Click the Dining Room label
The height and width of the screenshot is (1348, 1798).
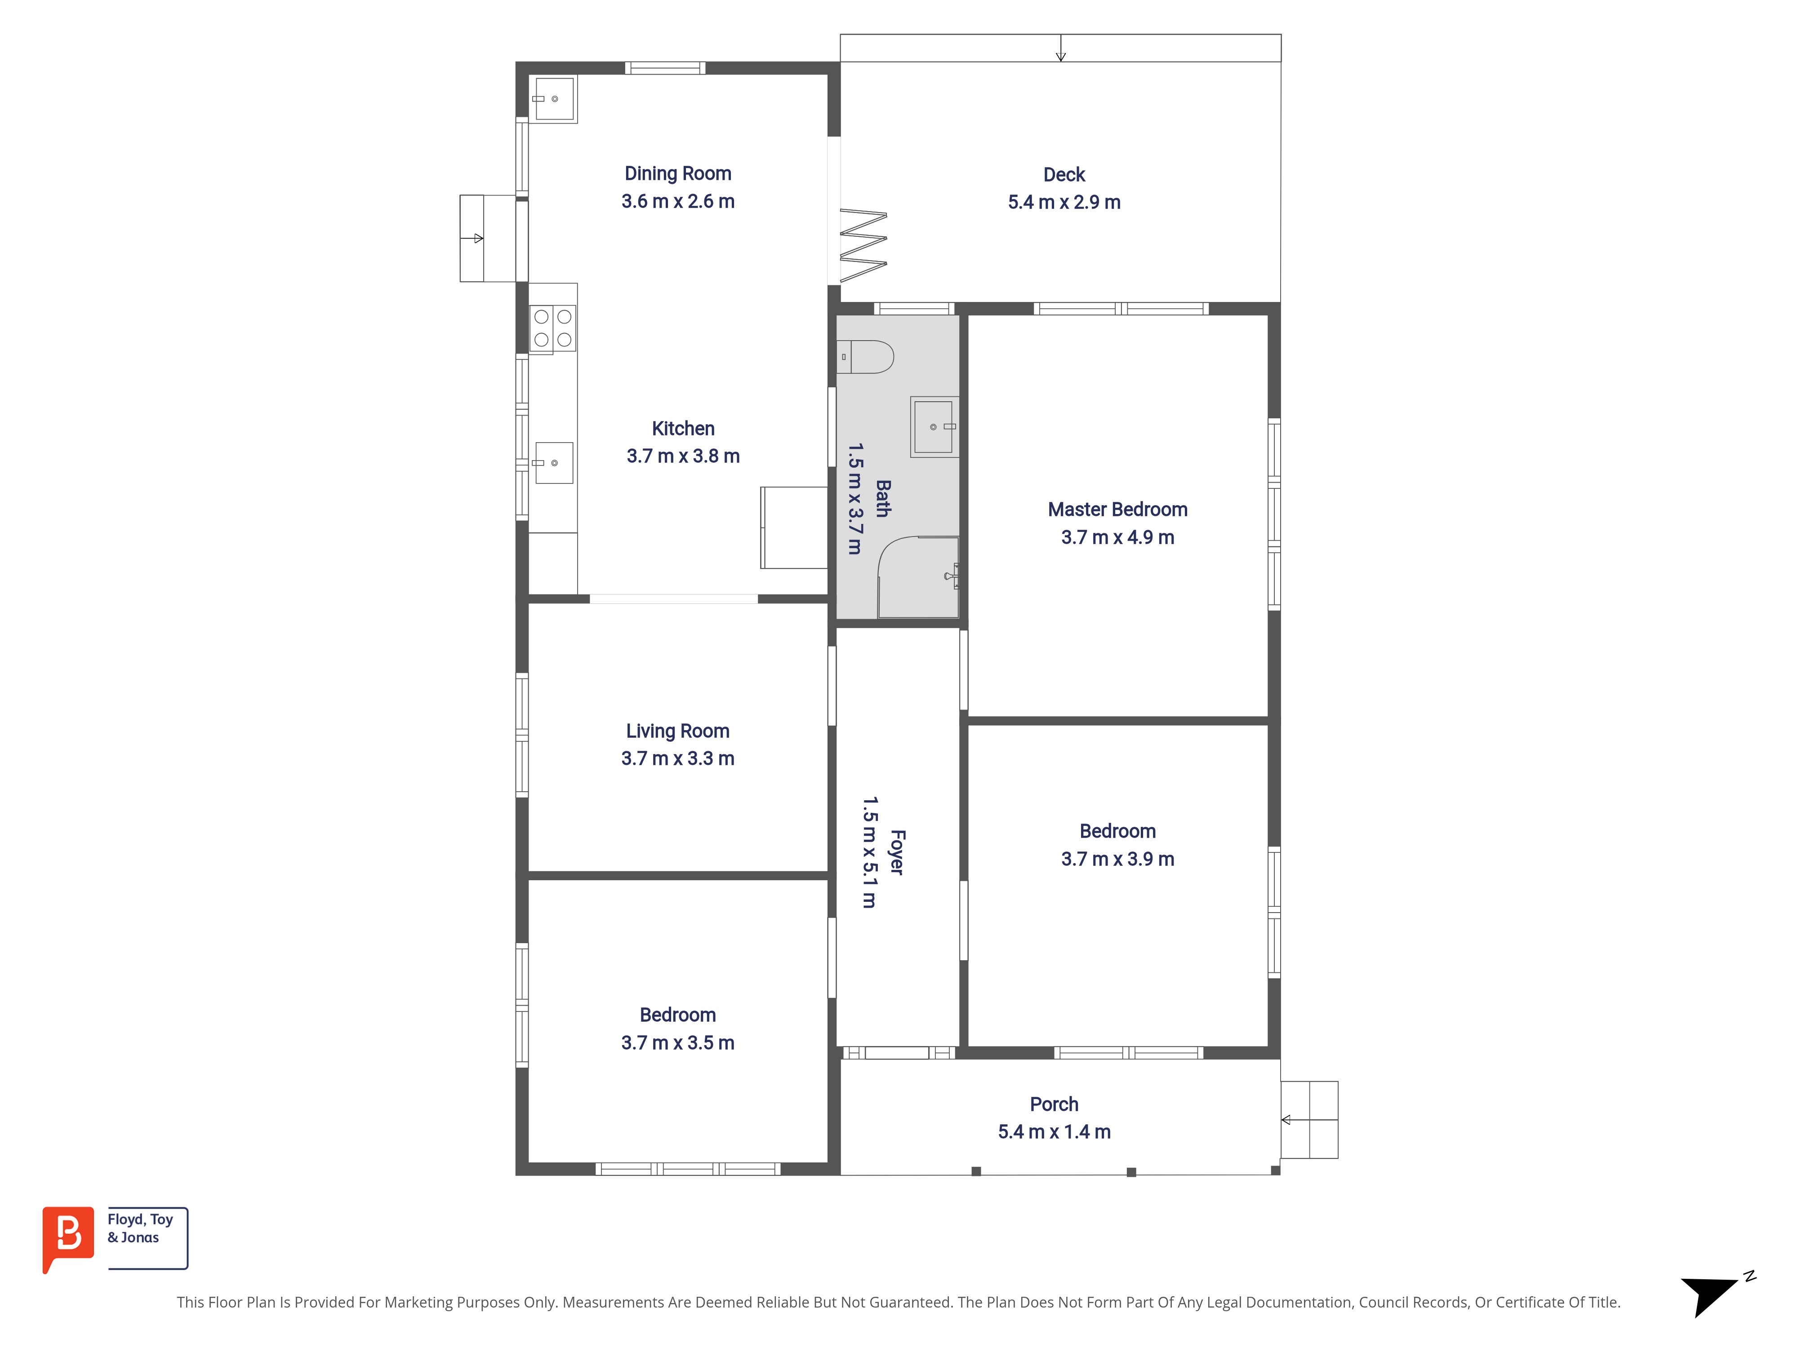678,174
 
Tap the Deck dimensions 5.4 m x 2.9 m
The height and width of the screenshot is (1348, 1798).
1064,202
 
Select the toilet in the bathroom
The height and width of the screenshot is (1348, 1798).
865,357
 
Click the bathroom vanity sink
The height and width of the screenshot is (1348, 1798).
934,426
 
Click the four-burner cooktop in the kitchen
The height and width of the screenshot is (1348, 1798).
553,328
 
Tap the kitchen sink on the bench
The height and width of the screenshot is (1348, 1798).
553,462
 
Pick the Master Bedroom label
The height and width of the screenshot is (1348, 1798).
1117,510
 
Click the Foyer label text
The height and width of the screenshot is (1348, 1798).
897,851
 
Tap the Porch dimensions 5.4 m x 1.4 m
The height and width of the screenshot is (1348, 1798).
1054,1132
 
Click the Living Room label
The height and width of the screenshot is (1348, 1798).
678,731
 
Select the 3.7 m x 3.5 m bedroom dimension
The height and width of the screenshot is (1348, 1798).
678,1042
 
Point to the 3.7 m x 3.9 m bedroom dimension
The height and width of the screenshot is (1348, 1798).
1117,859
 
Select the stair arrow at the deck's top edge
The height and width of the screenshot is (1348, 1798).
1061,48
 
